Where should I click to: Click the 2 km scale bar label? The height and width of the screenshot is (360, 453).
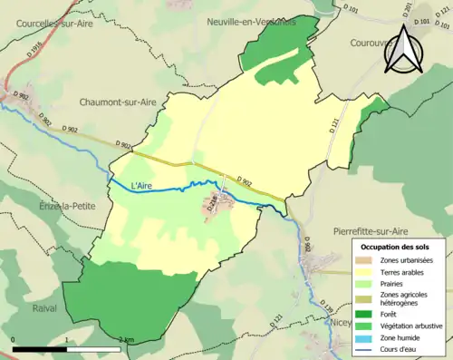[126, 339]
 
